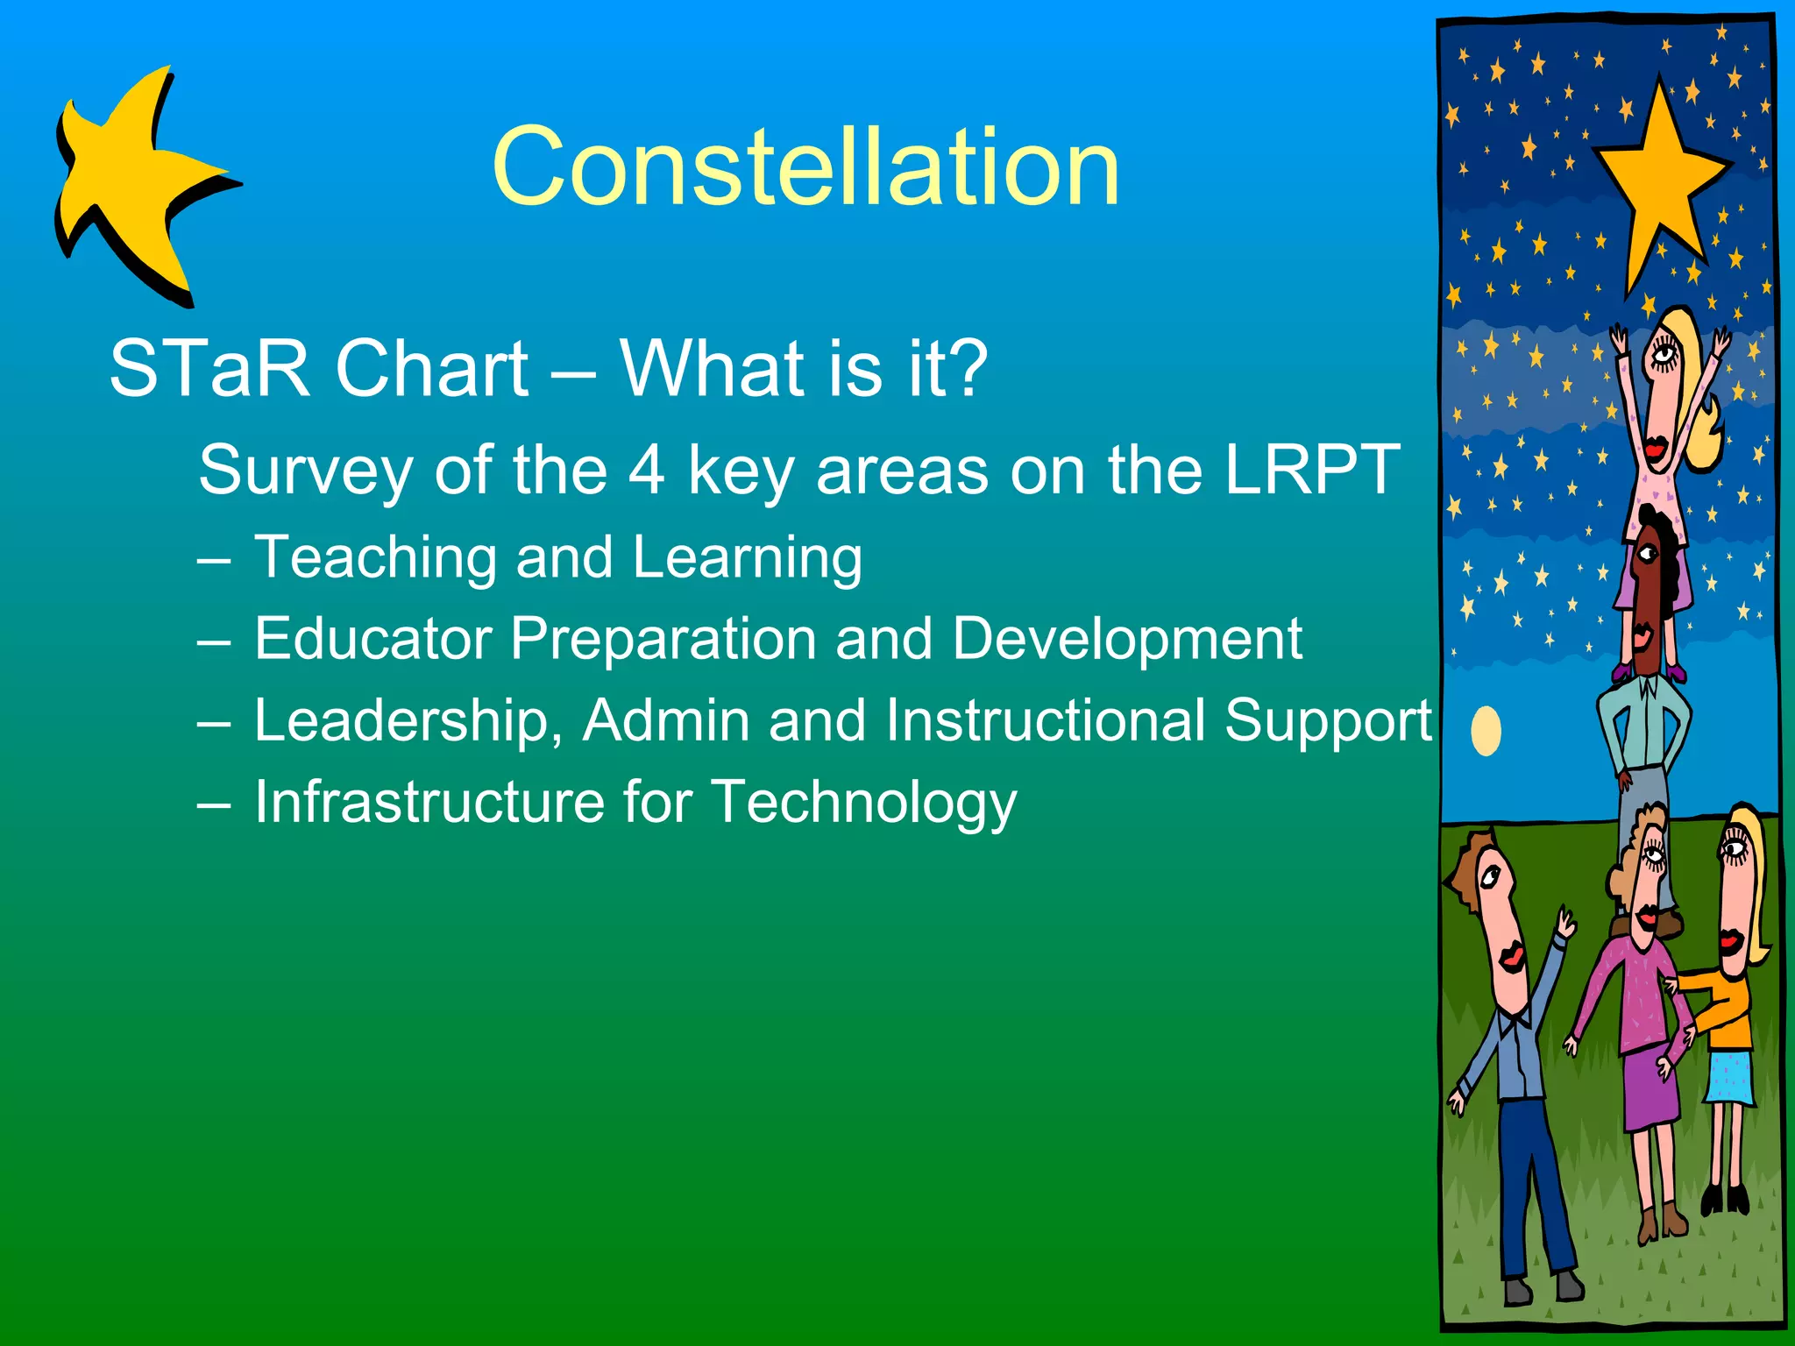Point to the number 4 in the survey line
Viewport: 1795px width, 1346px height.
(x=647, y=471)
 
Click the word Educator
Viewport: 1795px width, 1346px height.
(x=372, y=639)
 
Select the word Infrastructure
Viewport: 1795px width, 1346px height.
(x=429, y=802)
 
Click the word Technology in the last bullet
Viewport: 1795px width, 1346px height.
(x=863, y=802)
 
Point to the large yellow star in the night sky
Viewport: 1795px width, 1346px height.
(x=1659, y=180)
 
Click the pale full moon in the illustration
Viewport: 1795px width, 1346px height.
(x=1486, y=730)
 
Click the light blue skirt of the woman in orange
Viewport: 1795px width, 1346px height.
(x=1729, y=1078)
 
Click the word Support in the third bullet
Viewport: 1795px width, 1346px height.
(x=1328, y=722)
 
